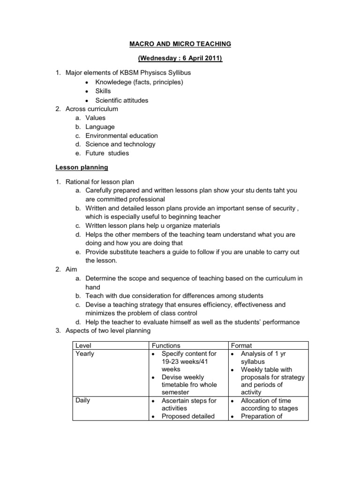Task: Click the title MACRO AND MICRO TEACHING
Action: click(x=180, y=44)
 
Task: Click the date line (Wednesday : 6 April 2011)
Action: click(x=180, y=59)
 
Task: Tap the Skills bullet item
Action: click(x=103, y=91)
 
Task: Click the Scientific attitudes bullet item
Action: click(x=121, y=100)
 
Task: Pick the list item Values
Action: click(x=95, y=118)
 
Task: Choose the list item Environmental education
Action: click(x=121, y=135)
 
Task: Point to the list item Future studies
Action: click(x=107, y=153)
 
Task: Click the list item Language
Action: click(x=100, y=127)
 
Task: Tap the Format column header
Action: click(x=242, y=345)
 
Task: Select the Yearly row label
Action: click(x=85, y=353)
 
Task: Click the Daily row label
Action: click(x=83, y=400)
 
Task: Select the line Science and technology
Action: click(x=120, y=144)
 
